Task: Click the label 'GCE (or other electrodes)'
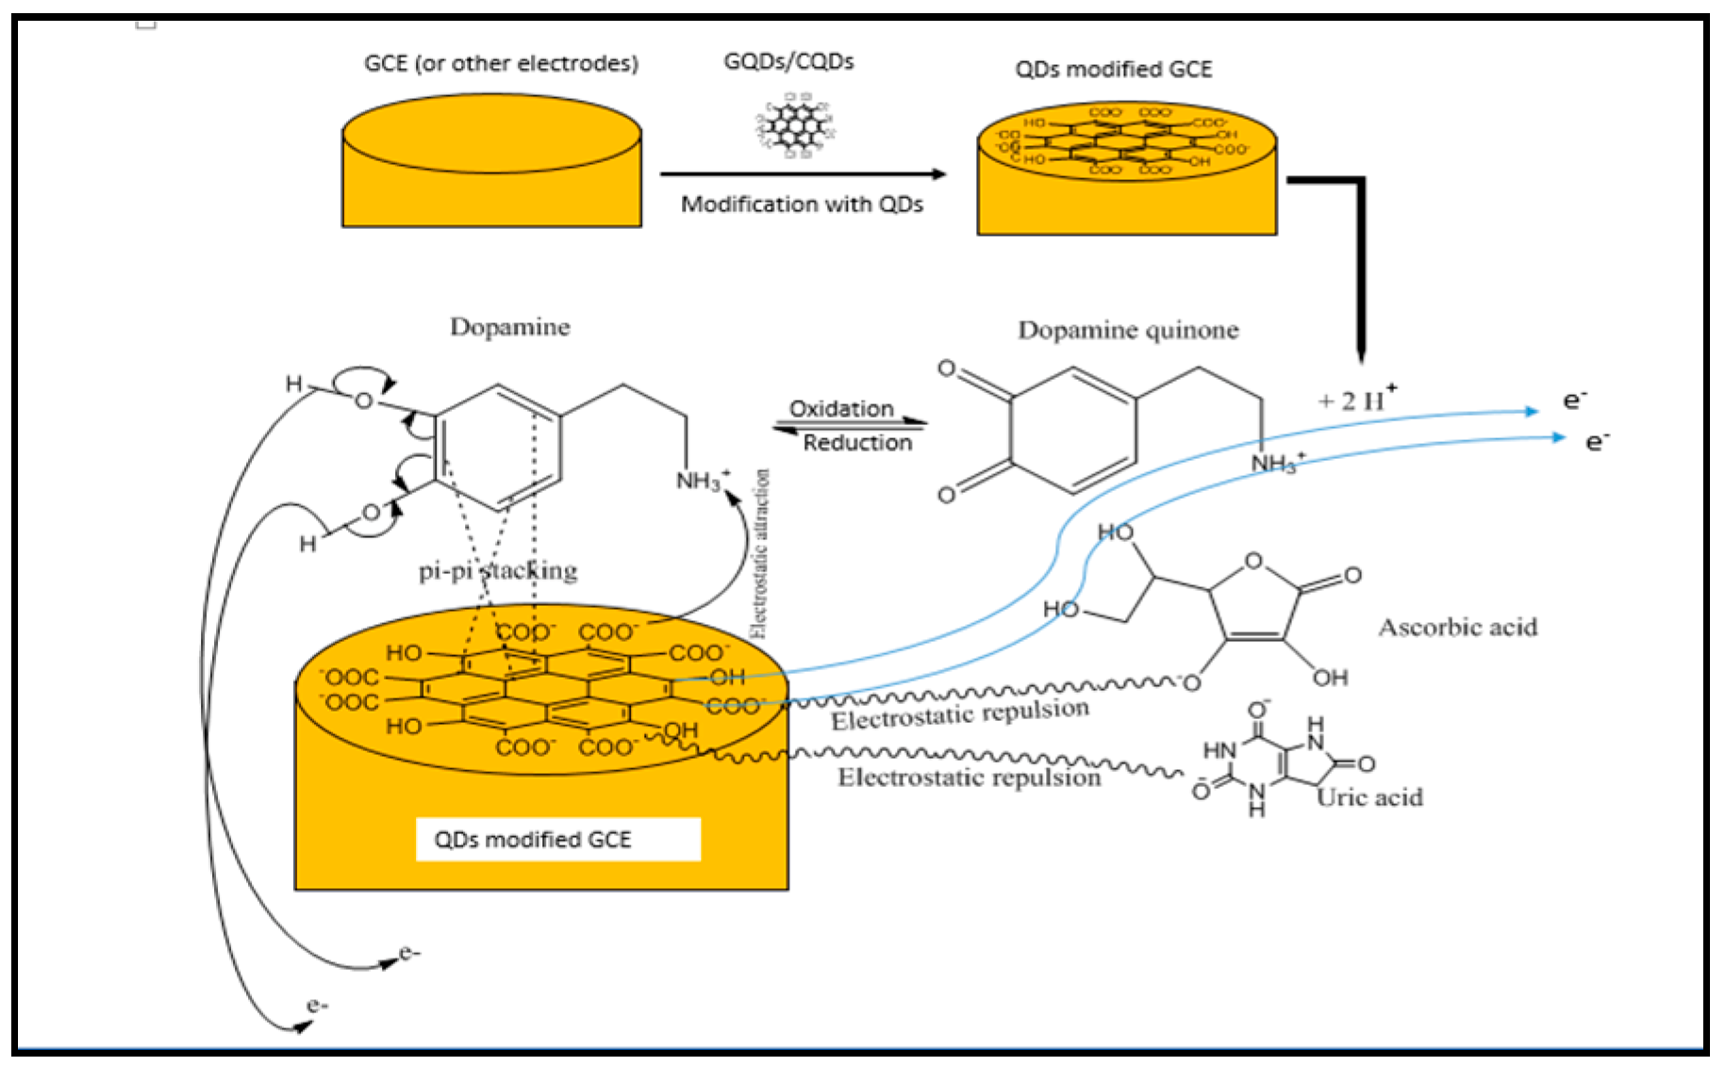pos(501,63)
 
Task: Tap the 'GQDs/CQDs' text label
pos(788,61)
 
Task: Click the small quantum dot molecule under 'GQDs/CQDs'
pos(795,123)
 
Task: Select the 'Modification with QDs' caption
pos(802,205)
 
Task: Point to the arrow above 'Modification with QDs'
pos(802,173)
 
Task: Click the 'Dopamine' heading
pos(509,327)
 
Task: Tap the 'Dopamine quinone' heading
pos(1128,330)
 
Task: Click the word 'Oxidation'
pos(841,408)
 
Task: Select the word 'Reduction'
pos(857,443)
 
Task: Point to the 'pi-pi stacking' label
pos(498,570)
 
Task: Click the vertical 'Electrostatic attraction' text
pos(760,554)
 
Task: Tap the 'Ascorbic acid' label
pos(1458,627)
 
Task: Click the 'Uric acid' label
pos(1370,797)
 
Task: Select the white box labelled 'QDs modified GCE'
pos(557,839)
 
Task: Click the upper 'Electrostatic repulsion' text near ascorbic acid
pos(959,714)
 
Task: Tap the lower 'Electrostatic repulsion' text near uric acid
pos(970,778)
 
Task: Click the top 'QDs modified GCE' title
pos(1113,69)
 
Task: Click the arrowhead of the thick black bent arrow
pos(1360,355)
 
